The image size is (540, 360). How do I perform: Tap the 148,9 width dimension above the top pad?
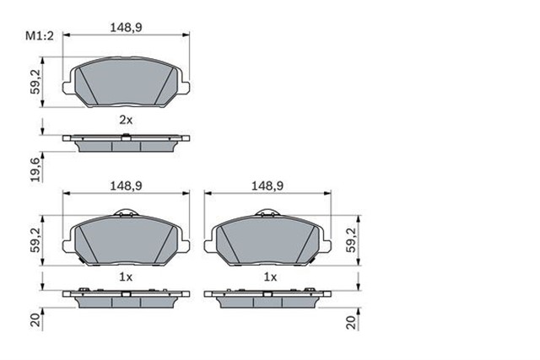click(x=125, y=27)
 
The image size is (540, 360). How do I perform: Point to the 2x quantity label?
click(x=125, y=120)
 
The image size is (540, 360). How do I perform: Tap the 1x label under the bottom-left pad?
click(x=126, y=277)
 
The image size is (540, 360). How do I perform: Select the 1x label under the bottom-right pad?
click(x=269, y=277)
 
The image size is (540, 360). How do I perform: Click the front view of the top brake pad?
click(x=126, y=82)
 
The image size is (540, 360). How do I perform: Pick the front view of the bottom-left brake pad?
click(x=126, y=240)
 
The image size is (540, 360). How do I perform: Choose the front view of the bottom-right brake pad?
click(x=269, y=240)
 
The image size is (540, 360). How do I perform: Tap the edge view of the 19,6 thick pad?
click(x=126, y=142)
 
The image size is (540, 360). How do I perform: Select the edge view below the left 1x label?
click(x=126, y=299)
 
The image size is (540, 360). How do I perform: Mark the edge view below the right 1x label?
click(x=269, y=299)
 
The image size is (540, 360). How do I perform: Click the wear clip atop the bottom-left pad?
click(x=126, y=214)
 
